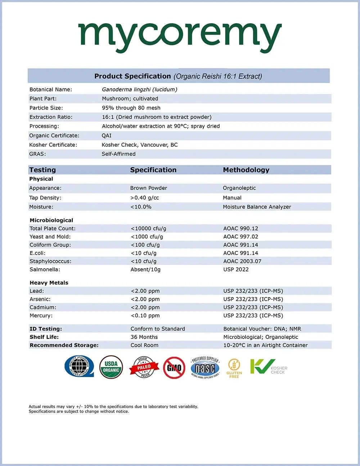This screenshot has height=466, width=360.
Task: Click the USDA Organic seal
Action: [x=111, y=367]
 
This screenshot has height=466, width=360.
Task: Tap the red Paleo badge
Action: [x=144, y=367]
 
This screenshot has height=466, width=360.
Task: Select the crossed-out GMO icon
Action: [x=174, y=367]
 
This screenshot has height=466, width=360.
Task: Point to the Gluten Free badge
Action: [x=234, y=368]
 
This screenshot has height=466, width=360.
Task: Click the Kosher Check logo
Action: [x=269, y=367]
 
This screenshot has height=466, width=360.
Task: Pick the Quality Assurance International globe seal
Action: [x=79, y=367]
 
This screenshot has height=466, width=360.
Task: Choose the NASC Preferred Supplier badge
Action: [x=205, y=368]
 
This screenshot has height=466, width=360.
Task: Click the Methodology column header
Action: [x=246, y=170]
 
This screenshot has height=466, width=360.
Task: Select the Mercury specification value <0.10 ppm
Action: [x=145, y=315]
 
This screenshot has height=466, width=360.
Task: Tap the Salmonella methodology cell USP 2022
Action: [x=236, y=269]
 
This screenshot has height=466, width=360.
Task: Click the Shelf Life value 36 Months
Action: [x=144, y=337]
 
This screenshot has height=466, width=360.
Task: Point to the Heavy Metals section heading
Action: [x=49, y=283]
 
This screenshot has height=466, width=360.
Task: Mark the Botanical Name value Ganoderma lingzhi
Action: [x=139, y=89]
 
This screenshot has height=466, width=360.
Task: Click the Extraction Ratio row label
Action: [x=51, y=117]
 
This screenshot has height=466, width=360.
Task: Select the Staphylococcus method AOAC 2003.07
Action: [x=242, y=261]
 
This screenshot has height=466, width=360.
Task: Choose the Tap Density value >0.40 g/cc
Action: [x=144, y=198]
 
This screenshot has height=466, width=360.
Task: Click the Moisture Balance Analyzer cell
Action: [x=257, y=207]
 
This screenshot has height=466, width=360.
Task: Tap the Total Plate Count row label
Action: [x=53, y=228]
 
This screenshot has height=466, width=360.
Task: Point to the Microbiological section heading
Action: [x=51, y=220]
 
